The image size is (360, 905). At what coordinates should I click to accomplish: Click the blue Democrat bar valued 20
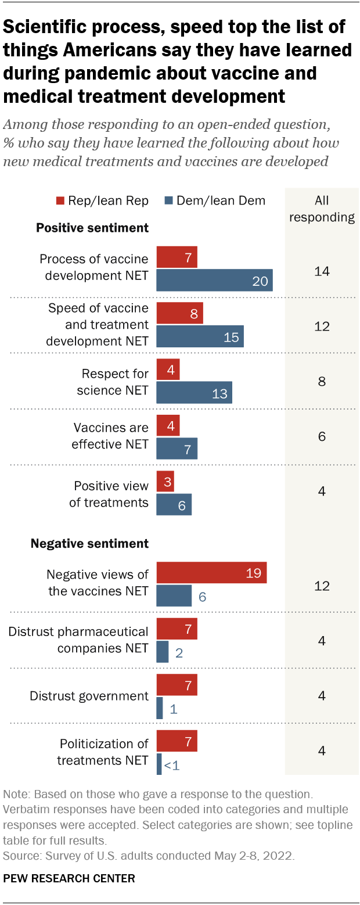click(x=214, y=280)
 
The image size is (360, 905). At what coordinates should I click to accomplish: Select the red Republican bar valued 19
click(x=211, y=573)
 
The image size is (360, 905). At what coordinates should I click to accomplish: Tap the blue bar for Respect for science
click(x=194, y=392)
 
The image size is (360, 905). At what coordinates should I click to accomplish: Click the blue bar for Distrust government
click(x=160, y=708)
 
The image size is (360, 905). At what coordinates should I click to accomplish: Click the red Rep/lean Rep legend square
click(x=60, y=201)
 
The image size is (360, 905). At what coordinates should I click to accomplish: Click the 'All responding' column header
click(x=321, y=209)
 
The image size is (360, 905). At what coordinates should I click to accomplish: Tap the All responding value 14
click(x=321, y=271)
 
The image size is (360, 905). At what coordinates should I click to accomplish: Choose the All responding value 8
click(x=321, y=382)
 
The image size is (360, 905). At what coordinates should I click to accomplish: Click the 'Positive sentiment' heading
click(x=92, y=228)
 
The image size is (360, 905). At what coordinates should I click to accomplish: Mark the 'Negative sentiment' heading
click(x=89, y=544)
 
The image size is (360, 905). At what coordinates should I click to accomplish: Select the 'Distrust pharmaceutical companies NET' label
click(x=78, y=639)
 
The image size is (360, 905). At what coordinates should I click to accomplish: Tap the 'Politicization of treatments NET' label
click(x=103, y=752)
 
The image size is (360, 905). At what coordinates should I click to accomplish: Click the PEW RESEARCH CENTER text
click(x=69, y=879)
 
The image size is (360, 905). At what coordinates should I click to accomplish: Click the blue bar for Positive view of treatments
click(x=174, y=505)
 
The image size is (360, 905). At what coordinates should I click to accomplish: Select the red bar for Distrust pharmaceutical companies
click(x=177, y=629)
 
